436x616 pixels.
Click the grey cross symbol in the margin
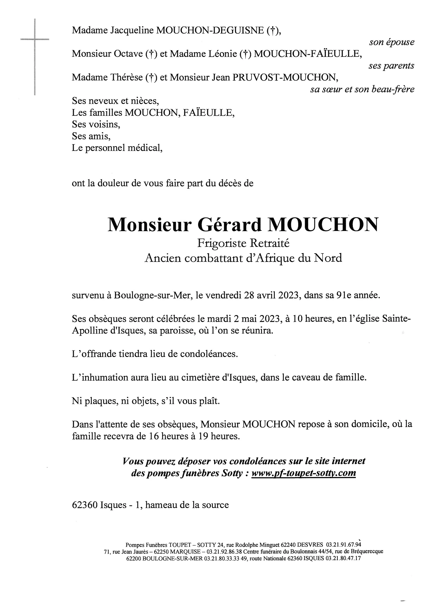pyautogui.click(x=35, y=40)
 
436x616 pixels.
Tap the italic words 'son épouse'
pyautogui.click(x=392, y=42)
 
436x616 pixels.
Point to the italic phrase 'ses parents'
pyautogui.click(x=391, y=66)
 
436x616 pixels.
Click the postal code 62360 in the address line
pyautogui.click(x=84, y=505)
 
